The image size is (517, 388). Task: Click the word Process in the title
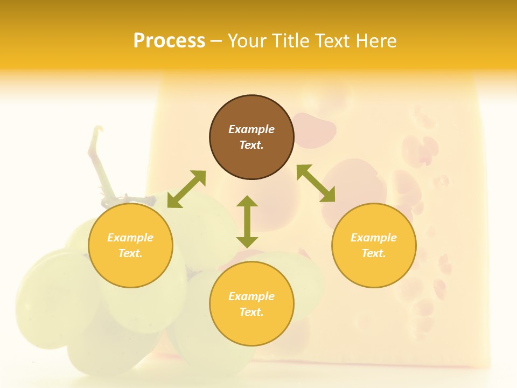click(169, 41)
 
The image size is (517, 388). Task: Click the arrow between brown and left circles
click(186, 189)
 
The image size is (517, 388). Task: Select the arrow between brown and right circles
click(316, 183)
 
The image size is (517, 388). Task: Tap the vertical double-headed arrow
click(247, 221)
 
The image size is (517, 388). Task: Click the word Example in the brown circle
click(251, 129)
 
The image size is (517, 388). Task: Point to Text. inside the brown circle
click(251, 145)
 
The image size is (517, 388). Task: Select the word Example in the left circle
click(130, 238)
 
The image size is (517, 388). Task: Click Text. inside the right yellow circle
click(374, 253)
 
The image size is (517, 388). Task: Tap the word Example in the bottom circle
click(251, 296)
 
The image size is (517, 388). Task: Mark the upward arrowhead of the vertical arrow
click(247, 202)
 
